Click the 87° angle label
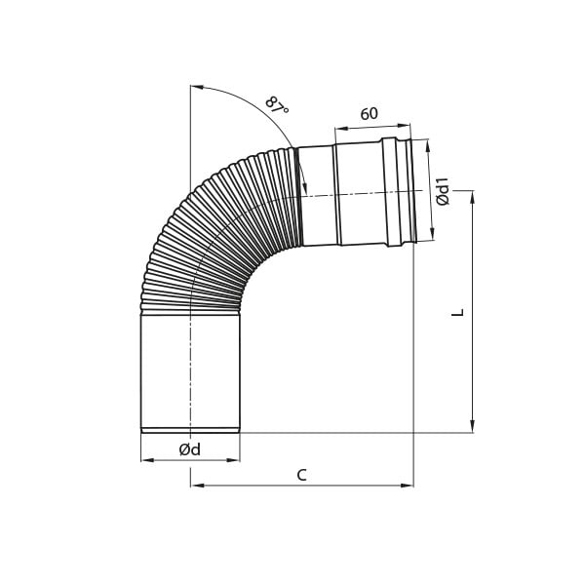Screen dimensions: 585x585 click(x=277, y=105)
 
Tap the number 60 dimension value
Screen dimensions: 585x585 click(x=369, y=114)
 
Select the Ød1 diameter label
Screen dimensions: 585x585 click(x=444, y=191)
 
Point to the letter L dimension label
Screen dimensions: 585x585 click(x=458, y=312)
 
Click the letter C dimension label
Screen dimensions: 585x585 click(x=302, y=476)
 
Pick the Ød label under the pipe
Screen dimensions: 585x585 click(x=189, y=449)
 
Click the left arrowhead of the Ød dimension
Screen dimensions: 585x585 click(x=147, y=460)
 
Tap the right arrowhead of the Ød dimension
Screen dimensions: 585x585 click(x=234, y=460)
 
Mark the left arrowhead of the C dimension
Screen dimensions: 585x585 click(x=197, y=486)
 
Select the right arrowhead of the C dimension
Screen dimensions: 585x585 click(x=407, y=486)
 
